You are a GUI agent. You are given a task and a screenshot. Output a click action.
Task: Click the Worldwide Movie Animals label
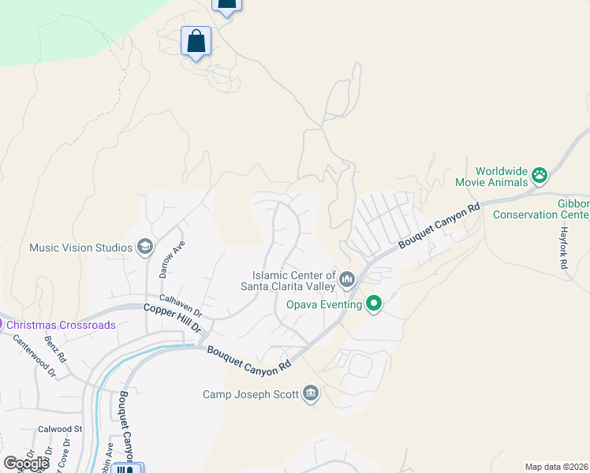click(x=501, y=177)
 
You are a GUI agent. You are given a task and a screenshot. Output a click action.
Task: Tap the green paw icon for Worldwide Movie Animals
click(x=540, y=175)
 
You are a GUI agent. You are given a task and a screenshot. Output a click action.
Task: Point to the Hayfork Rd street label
click(x=564, y=249)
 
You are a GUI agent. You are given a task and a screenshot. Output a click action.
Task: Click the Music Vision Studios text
click(x=80, y=248)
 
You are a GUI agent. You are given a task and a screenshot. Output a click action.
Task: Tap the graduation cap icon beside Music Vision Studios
click(x=144, y=248)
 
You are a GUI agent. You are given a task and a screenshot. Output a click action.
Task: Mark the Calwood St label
click(x=60, y=430)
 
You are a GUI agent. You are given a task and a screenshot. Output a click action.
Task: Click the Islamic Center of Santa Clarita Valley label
click(x=288, y=280)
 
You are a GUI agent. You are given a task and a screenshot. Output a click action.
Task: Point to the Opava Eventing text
click(x=324, y=304)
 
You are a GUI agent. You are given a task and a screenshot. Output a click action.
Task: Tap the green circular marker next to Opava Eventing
click(x=374, y=304)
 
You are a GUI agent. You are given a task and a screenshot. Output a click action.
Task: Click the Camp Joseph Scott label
click(x=251, y=394)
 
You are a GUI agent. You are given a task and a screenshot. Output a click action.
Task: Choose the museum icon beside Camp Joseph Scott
click(x=311, y=393)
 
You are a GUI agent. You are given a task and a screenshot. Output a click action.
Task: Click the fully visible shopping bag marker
click(x=196, y=41)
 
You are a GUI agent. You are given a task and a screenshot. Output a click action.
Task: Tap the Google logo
click(x=26, y=464)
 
